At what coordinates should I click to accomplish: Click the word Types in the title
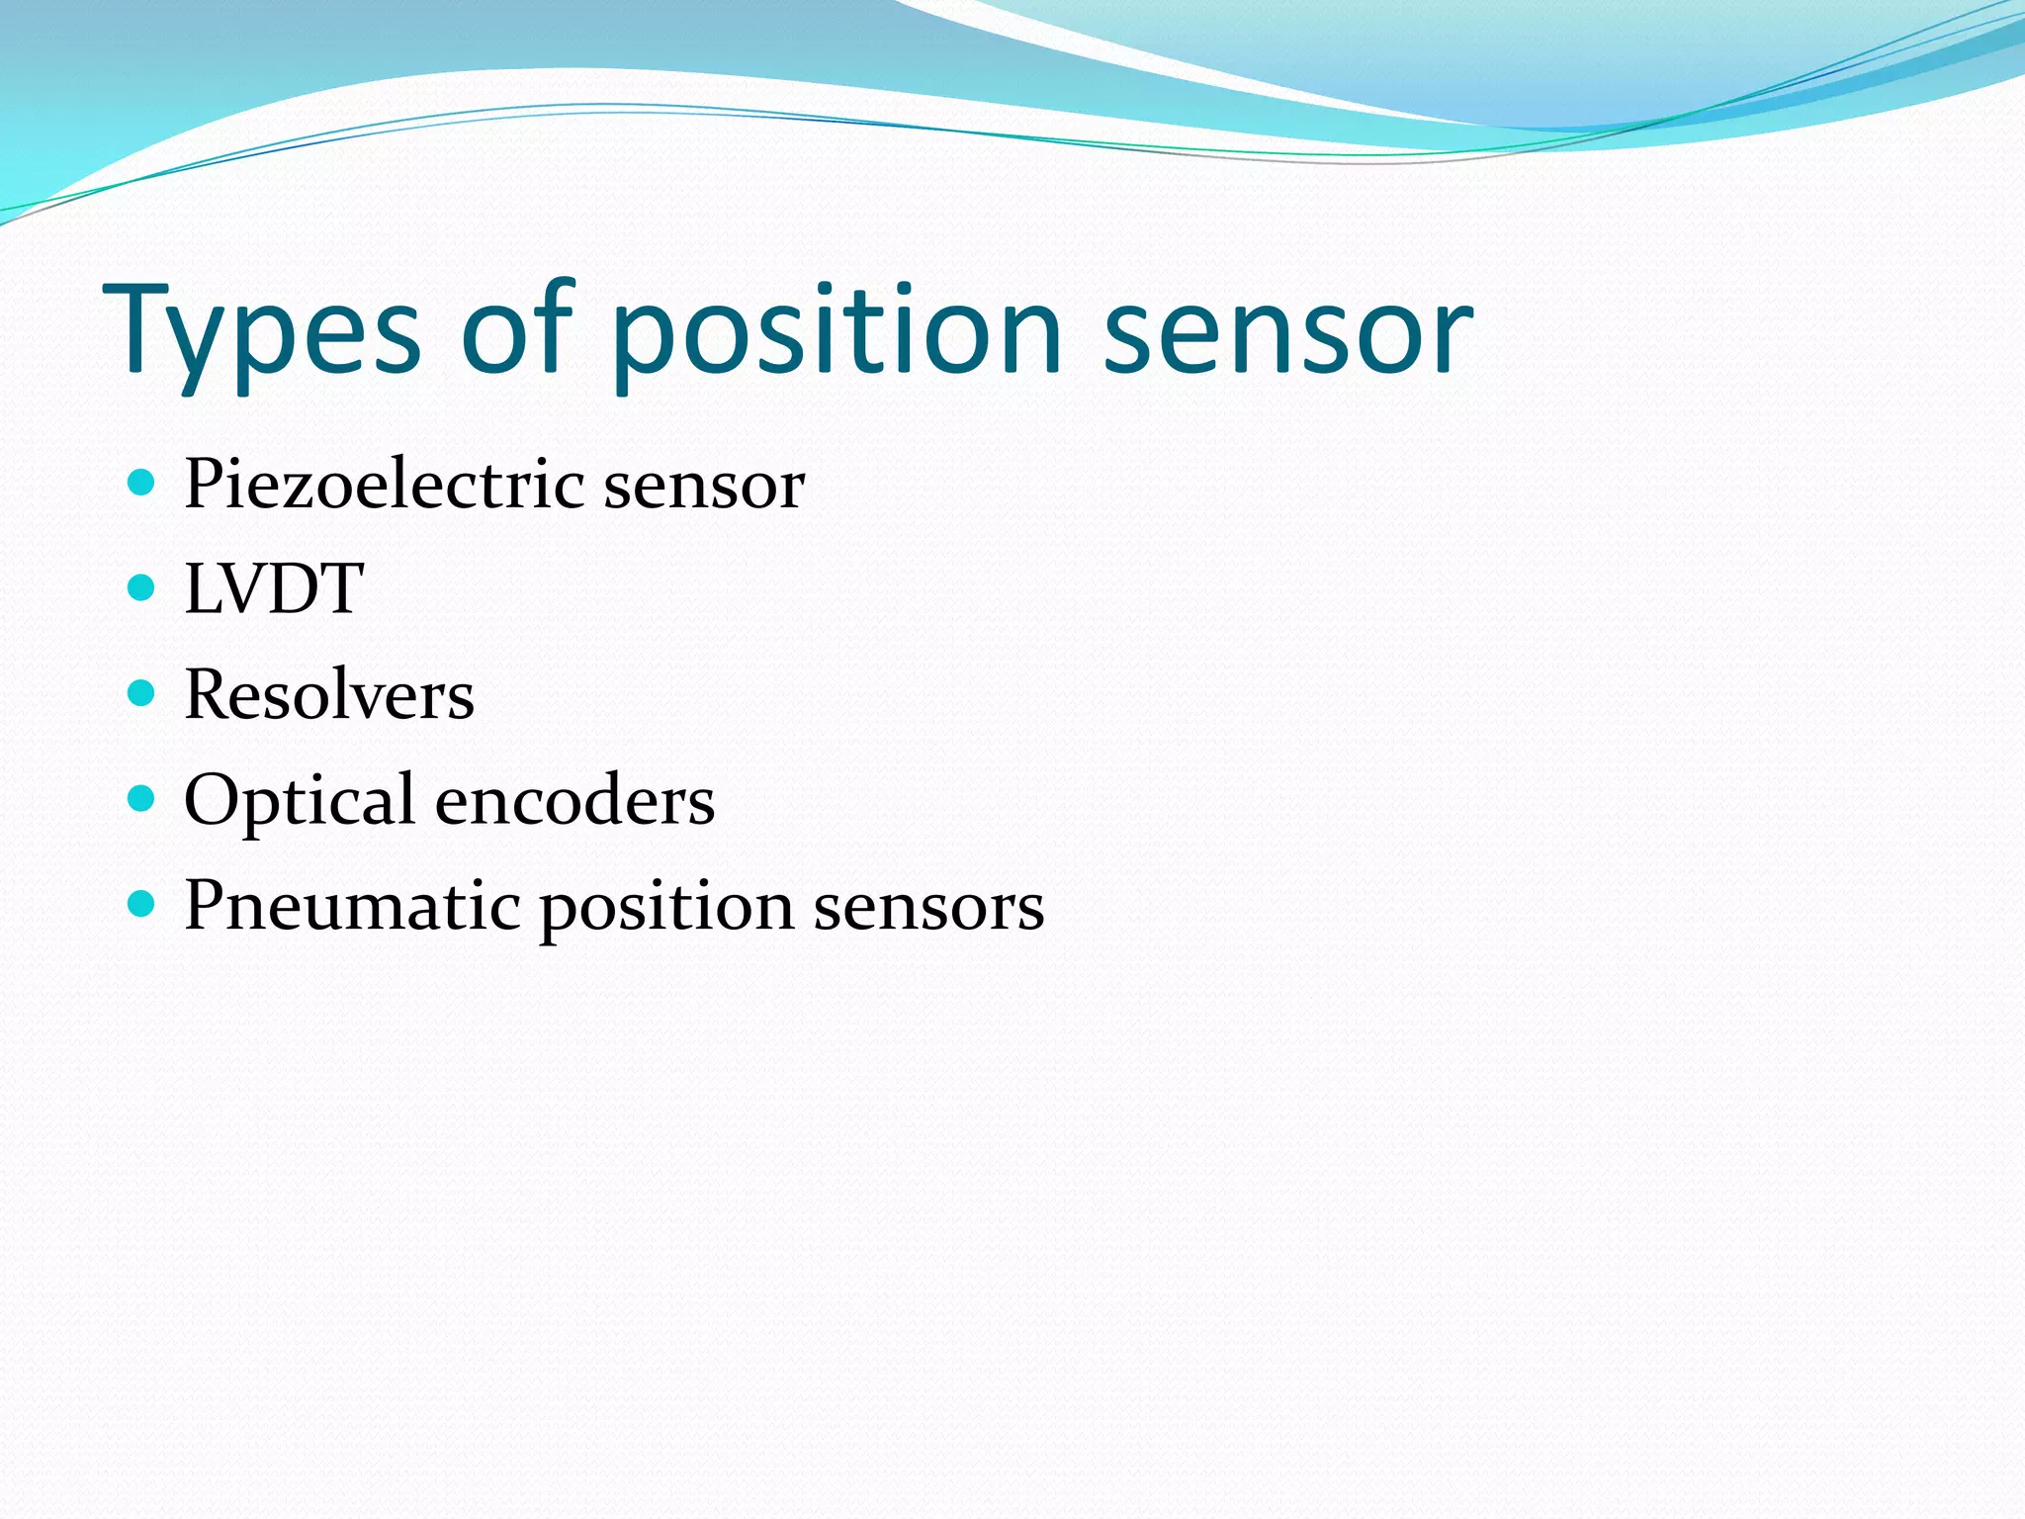pos(262,331)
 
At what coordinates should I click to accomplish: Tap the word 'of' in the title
pos(516,326)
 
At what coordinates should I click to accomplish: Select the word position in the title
pos(836,331)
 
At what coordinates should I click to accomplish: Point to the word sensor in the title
pos(1287,331)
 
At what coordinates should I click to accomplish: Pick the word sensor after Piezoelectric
pos(704,487)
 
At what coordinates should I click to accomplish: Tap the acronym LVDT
pos(274,589)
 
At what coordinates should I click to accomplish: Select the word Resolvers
pos(329,694)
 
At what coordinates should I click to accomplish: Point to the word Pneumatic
pos(352,906)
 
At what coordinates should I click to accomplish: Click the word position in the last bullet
pos(666,908)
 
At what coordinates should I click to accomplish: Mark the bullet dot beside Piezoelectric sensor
pos(142,483)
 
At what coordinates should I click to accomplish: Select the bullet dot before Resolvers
pos(142,693)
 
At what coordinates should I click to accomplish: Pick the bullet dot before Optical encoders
pos(142,798)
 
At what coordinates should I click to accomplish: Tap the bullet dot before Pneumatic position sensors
pos(142,904)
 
